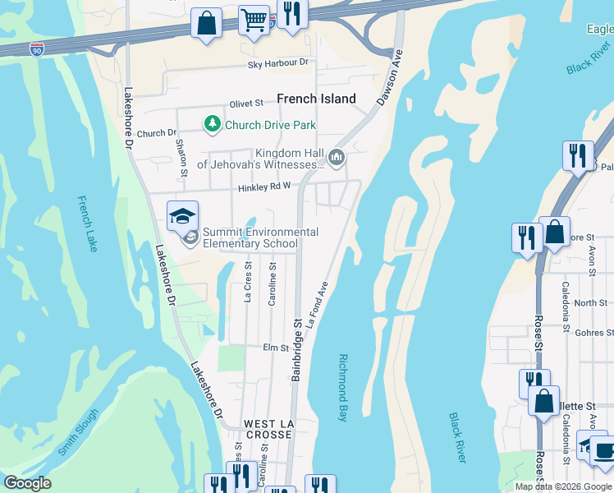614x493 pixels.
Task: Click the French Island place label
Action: (x=316, y=99)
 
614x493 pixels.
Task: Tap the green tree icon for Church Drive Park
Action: (x=213, y=124)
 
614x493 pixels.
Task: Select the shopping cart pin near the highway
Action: (x=254, y=19)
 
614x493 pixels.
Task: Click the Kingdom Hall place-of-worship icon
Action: (x=336, y=157)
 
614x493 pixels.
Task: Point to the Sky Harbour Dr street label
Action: (x=279, y=62)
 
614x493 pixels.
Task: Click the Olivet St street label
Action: (x=246, y=104)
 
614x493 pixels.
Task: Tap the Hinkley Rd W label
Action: (x=264, y=188)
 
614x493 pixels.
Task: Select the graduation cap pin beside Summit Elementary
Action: (x=182, y=216)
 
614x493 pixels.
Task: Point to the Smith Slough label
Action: (x=79, y=432)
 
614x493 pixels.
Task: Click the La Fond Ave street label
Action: (x=318, y=306)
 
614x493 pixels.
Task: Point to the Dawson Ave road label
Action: (x=392, y=80)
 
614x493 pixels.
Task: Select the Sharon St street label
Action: (x=181, y=156)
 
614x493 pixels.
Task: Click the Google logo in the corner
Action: (x=27, y=483)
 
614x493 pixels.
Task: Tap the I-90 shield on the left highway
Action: (x=37, y=49)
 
